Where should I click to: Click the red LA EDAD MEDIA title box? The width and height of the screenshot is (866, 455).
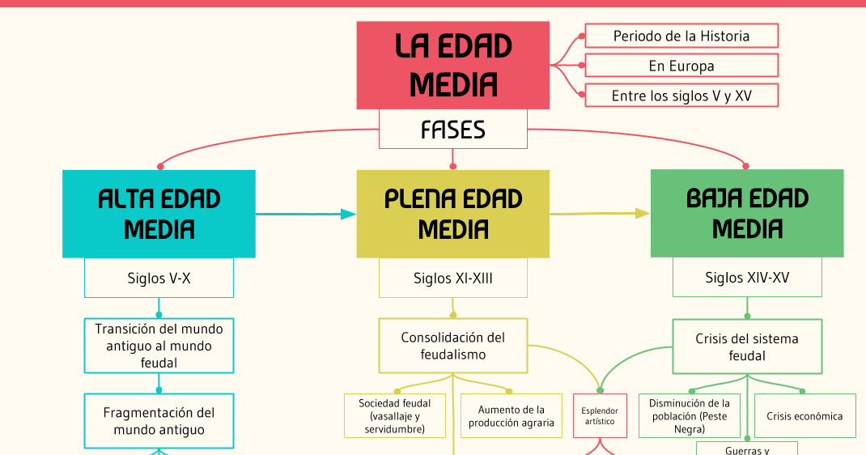click(453, 65)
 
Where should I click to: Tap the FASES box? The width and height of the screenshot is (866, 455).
click(453, 130)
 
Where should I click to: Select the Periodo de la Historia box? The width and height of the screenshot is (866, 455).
click(681, 36)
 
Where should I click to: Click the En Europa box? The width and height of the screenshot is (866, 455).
click(681, 66)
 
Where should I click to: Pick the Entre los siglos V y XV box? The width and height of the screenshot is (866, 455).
click(681, 96)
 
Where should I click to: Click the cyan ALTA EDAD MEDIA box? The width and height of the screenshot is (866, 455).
click(159, 214)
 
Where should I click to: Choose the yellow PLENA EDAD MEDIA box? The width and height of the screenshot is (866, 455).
click(453, 214)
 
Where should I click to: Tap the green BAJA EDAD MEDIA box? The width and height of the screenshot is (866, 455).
click(747, 214)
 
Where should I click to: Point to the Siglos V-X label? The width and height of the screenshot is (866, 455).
click(159, 278)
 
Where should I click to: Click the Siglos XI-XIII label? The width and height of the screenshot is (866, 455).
click(453, 278)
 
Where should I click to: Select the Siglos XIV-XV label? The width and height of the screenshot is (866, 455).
click(747, 278)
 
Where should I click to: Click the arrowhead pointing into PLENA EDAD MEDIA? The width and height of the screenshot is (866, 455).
click(348, 214)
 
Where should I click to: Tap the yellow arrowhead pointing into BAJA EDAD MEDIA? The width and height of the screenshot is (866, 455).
click(642, 214)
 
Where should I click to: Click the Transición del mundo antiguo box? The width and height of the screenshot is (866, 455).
click(159, 346)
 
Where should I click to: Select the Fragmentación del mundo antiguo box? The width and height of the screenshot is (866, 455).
click(159, 421)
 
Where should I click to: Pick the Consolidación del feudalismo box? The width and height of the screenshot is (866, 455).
click(453, 346)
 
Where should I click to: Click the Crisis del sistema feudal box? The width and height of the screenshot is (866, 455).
click(747, 347)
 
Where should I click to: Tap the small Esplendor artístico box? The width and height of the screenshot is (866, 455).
click(600, 416)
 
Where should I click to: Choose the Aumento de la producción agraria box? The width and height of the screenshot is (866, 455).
click(512, 416)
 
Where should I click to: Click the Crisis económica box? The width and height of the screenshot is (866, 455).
click(804, 416)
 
